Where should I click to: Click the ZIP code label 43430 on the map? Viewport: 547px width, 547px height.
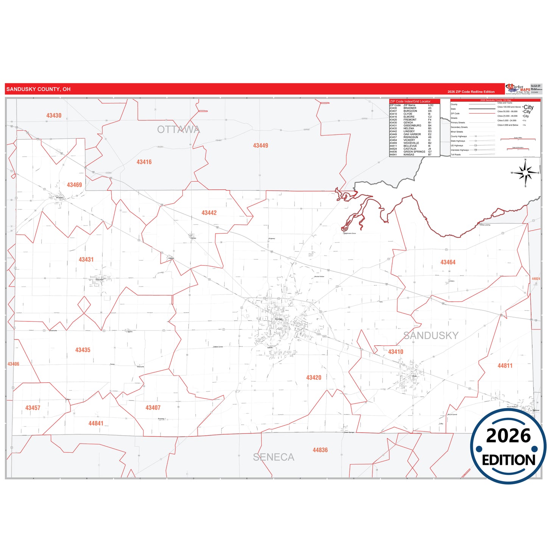(x=54, y=115)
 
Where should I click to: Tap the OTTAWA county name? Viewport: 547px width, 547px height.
(x=178, y=129)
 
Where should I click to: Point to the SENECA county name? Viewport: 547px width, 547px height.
(x=273, y=457)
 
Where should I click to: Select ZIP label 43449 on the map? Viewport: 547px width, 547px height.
(x=260, y=145)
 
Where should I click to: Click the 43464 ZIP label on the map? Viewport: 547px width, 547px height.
(x=448, y=262)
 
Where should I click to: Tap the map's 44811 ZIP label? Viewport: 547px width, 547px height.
(x=505, y=366)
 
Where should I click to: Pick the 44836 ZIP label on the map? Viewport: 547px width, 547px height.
(x=320, y=450)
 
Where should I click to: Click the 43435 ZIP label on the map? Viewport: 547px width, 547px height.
(x=83, y=350)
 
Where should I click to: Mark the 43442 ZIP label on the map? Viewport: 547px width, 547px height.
(x=209, y=213)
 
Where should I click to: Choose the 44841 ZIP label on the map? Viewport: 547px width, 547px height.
(x=96, y=423)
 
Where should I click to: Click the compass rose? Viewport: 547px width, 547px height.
(x=525, y=173)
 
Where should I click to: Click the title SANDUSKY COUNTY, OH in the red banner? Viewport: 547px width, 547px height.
(x=38, y=89)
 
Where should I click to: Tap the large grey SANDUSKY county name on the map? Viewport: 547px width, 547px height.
(x=431, y=335)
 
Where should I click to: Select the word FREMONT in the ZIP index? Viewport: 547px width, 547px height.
(x=410, y=120)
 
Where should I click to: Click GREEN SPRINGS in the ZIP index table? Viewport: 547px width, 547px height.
(x=414, y=152)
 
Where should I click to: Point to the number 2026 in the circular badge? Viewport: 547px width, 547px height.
(x=508, y=436)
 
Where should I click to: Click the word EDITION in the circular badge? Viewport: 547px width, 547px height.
(x=508, y=460)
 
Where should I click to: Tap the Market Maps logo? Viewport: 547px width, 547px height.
(x=518, y=89)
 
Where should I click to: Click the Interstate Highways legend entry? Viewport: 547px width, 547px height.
(x=460, y=150)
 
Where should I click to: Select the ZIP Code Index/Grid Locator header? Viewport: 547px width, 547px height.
(x=410, y=101)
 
